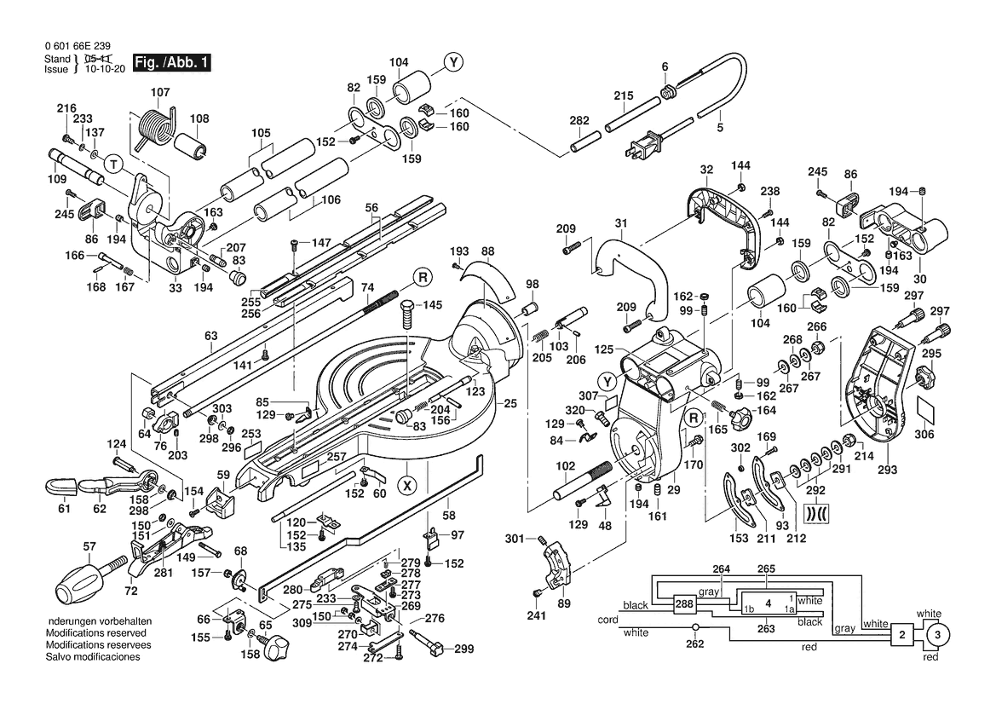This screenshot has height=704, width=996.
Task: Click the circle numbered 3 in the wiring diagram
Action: coord(936,635)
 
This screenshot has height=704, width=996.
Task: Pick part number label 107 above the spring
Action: coord(160,91)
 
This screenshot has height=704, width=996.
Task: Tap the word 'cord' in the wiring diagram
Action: coord(608,620)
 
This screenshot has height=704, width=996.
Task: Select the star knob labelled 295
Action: coord(926,375)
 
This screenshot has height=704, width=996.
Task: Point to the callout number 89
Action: coord(563,603)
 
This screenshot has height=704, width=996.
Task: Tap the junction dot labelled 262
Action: coord(695,627)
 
